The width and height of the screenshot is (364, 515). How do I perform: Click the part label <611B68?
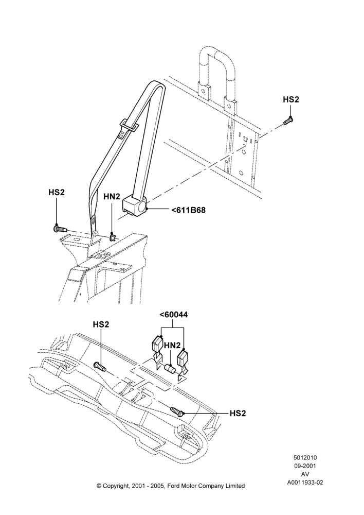pos(189,210)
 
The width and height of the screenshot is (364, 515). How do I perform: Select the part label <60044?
pos(173,315)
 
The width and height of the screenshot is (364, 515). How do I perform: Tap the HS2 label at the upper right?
pos(291,99)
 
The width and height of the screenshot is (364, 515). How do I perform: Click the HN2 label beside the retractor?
pos(112,196)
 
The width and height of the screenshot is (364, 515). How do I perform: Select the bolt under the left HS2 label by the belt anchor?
pos(60,228)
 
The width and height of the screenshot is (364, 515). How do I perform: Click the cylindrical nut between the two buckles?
pos(170,369)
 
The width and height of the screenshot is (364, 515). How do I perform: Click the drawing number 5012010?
pos(305,457)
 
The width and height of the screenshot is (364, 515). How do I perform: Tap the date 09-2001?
pos(305,466)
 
